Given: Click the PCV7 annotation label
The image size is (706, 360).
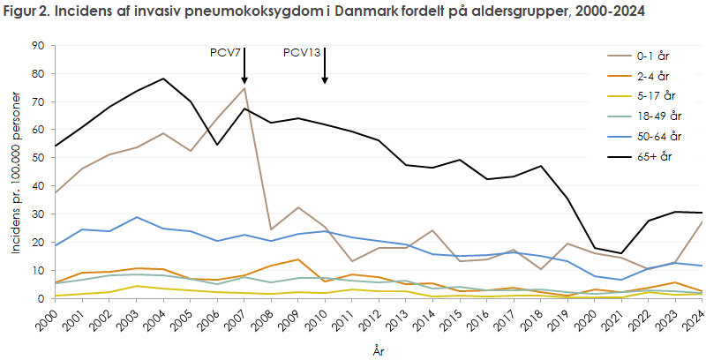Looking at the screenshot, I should click(x=226, y=52).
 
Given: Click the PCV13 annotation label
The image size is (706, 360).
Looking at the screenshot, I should click(x=302, y=52).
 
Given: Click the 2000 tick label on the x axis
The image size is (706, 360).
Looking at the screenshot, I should click(x=55, y=317).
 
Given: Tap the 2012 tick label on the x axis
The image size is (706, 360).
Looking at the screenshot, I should click(x=378, y=317).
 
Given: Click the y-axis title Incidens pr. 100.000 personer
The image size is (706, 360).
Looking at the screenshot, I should click(x=15, y=172).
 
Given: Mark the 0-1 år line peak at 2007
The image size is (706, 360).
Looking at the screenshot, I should click(x=244, y=88).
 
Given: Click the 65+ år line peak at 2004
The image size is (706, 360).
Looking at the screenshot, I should click(x=162, y=79).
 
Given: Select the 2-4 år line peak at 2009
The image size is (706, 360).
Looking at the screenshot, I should click(x=297, y=259).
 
